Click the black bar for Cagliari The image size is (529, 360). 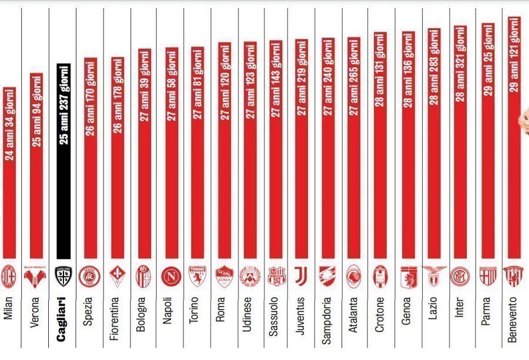[x=63, y=161]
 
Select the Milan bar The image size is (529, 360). [x=9, y=172]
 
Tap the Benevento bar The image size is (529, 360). [x=514, y=137]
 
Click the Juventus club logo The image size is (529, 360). [x=301, y=276]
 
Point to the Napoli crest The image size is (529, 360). [x=171, y=276]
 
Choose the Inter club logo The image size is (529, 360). [x=460, y=276]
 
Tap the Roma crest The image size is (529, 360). [x=225, y=276]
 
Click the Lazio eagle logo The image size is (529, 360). [x=434, y=275]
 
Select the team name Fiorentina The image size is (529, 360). [x=115, y=318]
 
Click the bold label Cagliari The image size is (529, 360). [x=61, y=319]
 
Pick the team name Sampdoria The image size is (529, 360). [x=326, y=320]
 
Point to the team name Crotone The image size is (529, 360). [x=379, y=314]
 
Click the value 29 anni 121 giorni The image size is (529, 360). [x=514, y=55]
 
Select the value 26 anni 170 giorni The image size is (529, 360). [x=91, y=98]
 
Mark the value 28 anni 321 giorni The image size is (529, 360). [x=460, y=65]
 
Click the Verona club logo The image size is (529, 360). [x=35, y=277]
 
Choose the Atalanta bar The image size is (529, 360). [x=354, y=148]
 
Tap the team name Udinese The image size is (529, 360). [x=247, y=314]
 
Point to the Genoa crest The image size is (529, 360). [x=409, y=277]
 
